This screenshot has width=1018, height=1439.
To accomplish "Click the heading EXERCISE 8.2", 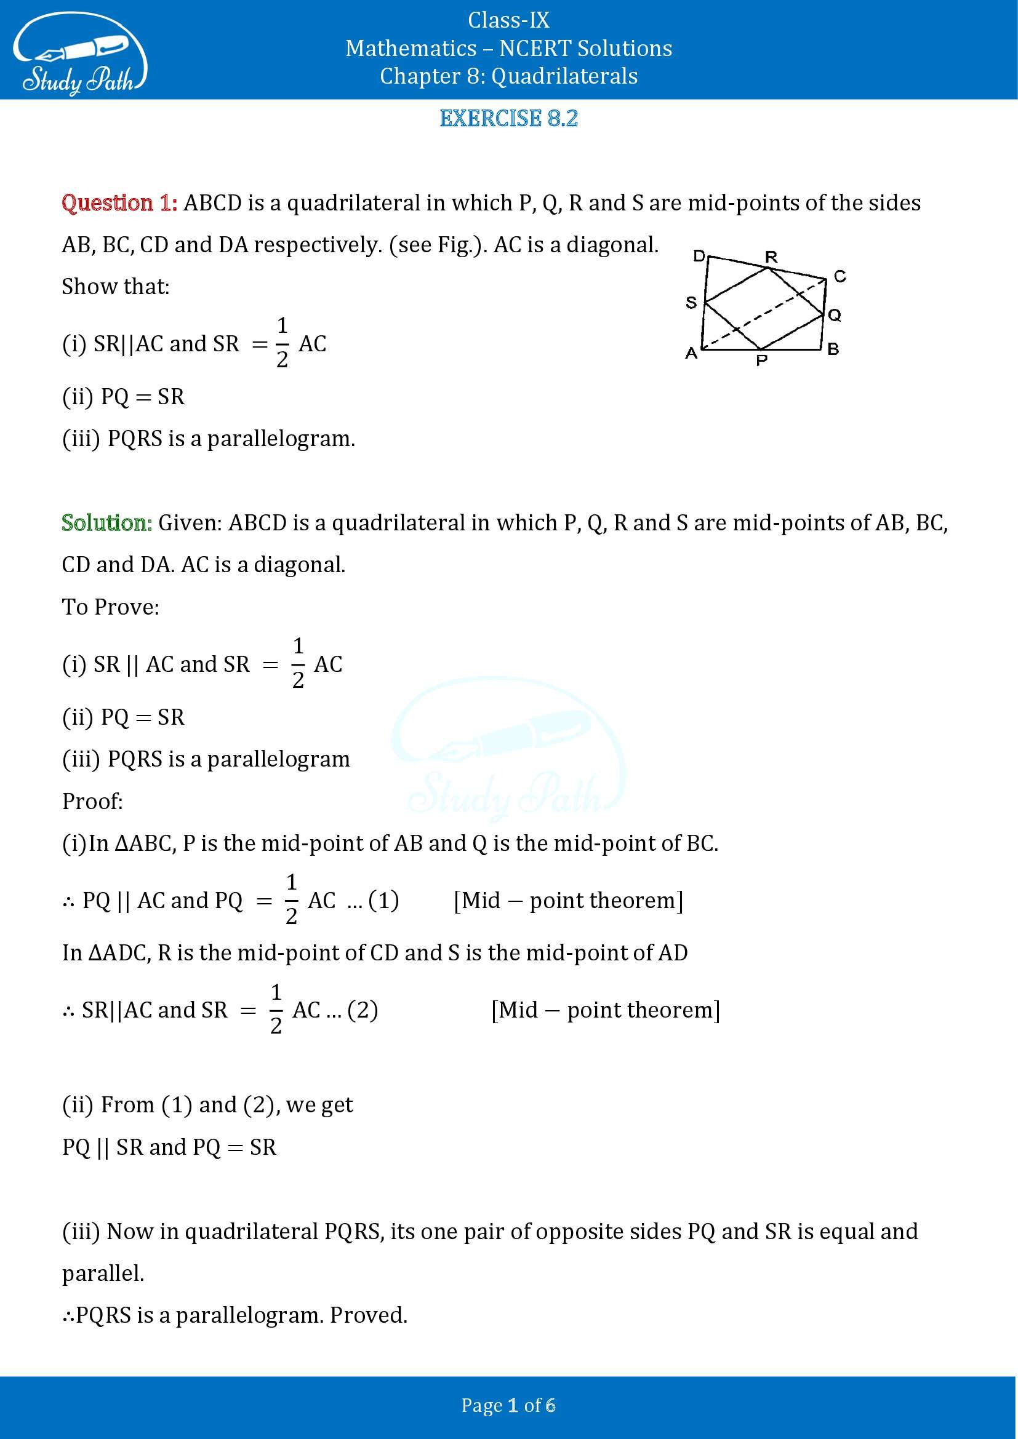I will tap(508, 118).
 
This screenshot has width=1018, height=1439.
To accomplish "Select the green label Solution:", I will tap(106, 523).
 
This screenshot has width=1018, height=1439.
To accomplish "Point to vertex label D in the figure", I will tap(699, 255).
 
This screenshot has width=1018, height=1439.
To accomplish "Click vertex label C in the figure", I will tap(840, 276).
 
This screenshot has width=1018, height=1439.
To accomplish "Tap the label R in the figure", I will tap(771, 257).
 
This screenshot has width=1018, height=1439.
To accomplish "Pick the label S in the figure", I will tap(691, 303).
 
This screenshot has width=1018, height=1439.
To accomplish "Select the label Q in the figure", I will tap(835, 314).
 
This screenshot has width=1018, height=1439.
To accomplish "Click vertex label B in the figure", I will tap(833, 348).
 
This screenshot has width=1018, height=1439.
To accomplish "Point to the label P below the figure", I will tap(761, 361).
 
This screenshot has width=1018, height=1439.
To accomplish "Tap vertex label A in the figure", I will tap(691, 354).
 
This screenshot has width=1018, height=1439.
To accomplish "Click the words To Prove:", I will tap(110, 607).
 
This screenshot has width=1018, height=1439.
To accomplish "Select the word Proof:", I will tap(92, 801).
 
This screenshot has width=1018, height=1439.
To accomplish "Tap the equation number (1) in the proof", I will tap(383, 900).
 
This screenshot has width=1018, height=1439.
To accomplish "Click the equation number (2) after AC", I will tap(363, 1010).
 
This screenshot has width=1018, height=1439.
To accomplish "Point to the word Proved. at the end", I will tap(369, 1315).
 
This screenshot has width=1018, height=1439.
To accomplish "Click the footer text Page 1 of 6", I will tap(508, 1405).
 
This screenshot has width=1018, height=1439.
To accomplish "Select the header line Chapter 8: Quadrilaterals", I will tap(508, 76).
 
